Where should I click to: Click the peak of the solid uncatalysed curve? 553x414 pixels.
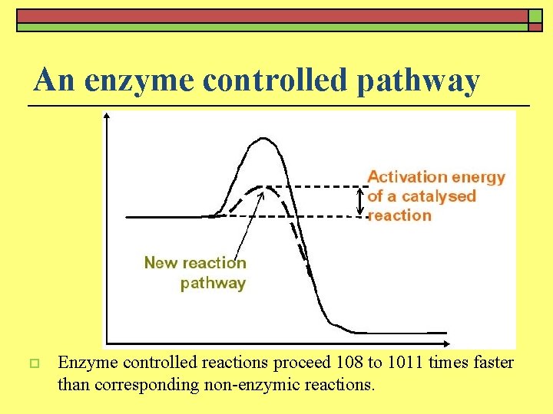pyautogui.click(x=263, y=139)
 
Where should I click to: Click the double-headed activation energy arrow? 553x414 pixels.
pyautogui.click(x=361, y=201)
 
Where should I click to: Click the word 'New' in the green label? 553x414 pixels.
pyautogui.click(x=160, y=263)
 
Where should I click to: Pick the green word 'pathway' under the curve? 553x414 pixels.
pyautogui.click(x=213, y=283)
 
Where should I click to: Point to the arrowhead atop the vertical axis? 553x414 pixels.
pyautogui.click(x=107, y=117)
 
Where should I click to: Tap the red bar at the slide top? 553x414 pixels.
pyautogui.click(x=272, y=15)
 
